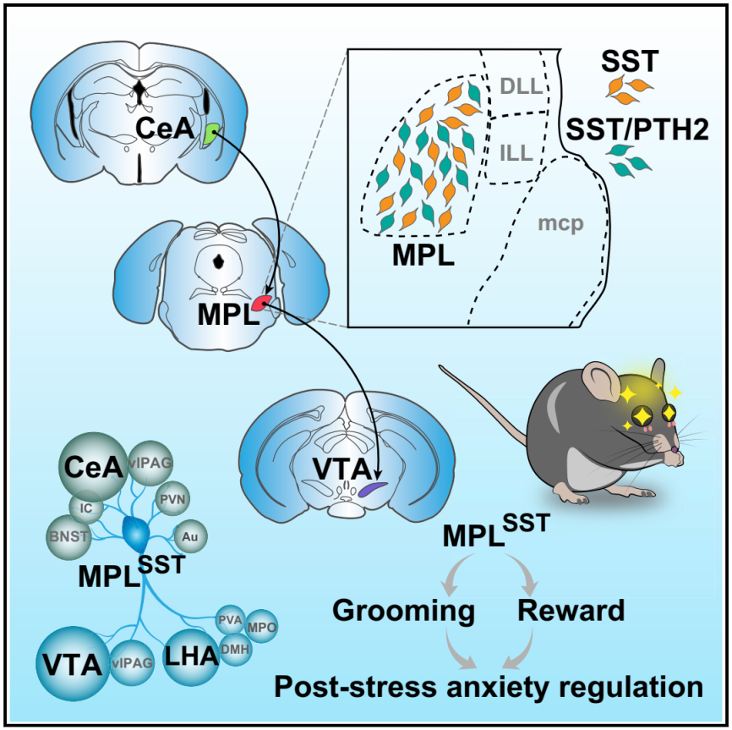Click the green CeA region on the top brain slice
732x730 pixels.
pyautogui.click(x=211, y=134)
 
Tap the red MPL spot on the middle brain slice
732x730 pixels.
pyautogui.click(x=265, y=303)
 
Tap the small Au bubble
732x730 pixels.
pyautogui.click(x=190, y=535)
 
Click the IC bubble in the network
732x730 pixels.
pyautogui.click(x=87, y=508)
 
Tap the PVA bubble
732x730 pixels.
pyautogui.click(x=231, y=619)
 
